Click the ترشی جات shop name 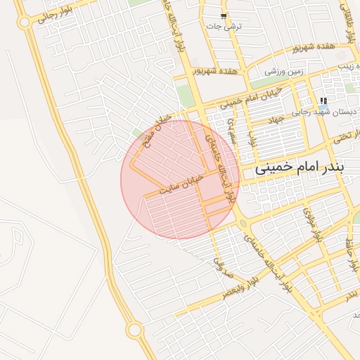pos(224,26)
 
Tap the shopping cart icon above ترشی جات pos(224,15)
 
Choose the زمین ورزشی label pos(284,70)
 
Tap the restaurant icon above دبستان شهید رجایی pos(323,101)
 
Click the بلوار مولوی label pos(311,224)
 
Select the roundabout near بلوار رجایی pos(25,22)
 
